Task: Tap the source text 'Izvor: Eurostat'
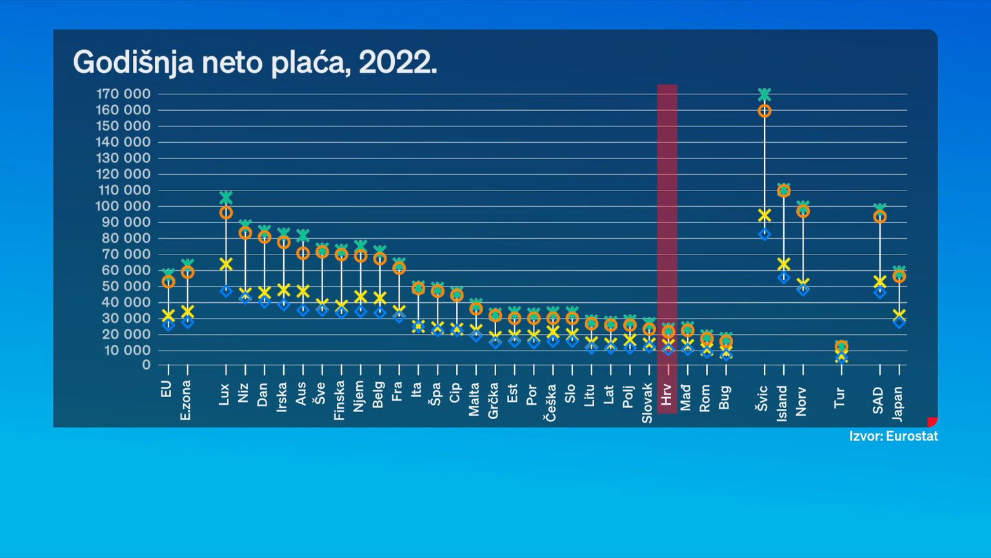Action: (894, 437)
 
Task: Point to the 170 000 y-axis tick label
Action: (123, 94)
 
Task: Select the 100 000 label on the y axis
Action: (123, 206)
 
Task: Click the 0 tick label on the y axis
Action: (146, 365)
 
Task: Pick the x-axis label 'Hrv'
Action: (667, 394)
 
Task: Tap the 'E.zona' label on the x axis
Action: (186, 400)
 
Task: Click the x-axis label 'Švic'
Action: (763, 398)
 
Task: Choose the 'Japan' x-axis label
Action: (898, 404)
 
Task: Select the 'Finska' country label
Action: (339, 401)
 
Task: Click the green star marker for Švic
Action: (765, 95)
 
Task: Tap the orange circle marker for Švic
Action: (765, 111)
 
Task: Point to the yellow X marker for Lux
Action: (226, 263)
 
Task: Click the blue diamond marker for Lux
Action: (226, 291)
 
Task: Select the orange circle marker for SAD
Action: (879, 217)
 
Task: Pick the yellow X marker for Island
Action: (784, 263)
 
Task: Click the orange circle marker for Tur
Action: (841, 347)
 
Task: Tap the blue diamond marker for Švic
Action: (765, 234)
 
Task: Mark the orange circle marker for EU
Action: (168, 282)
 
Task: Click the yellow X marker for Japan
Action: (899, 315)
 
